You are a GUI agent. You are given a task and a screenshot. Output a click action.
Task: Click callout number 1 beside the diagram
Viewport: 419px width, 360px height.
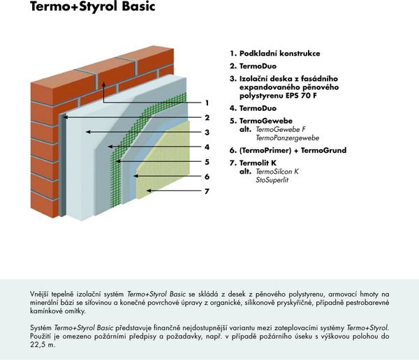[207, 103]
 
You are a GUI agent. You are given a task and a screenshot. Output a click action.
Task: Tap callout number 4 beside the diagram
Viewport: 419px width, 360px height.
[207, 147]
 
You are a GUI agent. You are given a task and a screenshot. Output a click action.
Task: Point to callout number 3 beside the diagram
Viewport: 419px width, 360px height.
[207, 133]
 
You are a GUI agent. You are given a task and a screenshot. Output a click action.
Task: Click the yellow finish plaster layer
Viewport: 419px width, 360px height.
[168, 160]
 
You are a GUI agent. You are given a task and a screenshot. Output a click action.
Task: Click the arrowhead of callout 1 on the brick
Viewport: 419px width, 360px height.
[103, 84]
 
